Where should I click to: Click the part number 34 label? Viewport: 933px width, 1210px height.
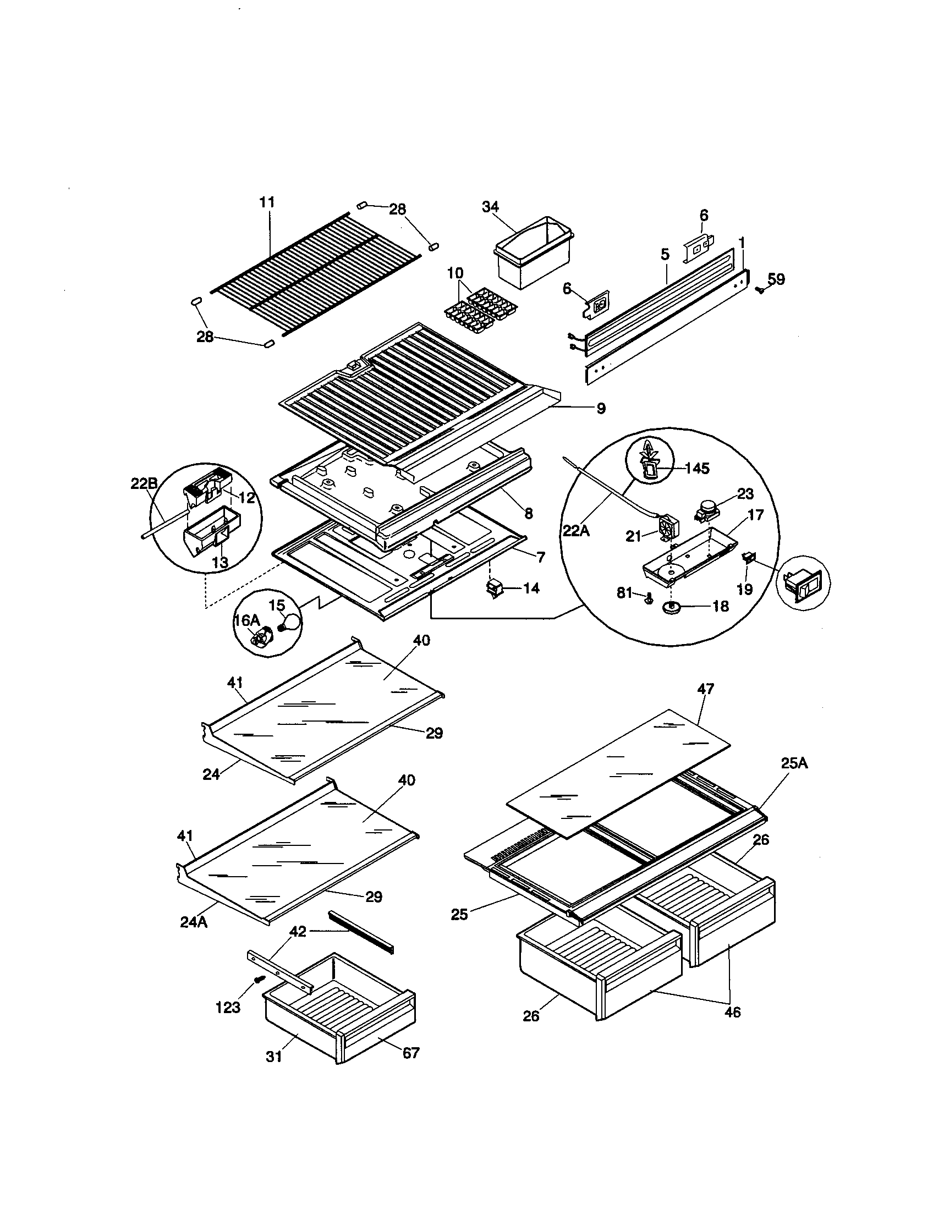tap(490, 207)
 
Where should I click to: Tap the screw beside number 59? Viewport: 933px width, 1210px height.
tap(760, 289)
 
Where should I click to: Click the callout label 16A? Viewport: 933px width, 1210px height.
tap(246, 620)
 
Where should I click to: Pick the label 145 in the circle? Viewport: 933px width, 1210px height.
tap(696, 469)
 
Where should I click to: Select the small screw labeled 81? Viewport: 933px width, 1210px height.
tap(648, 598)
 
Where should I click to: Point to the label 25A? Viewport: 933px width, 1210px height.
tap(794, 763)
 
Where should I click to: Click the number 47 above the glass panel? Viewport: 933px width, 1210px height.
tap(705, 689)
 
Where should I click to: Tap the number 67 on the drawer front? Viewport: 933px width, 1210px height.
tap(410, 1053)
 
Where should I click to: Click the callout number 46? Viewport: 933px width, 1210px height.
tap(732, 1012)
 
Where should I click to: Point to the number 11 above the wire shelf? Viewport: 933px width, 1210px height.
tap(267, 202)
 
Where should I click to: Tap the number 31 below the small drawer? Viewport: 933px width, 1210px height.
tap(274, 1057)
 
